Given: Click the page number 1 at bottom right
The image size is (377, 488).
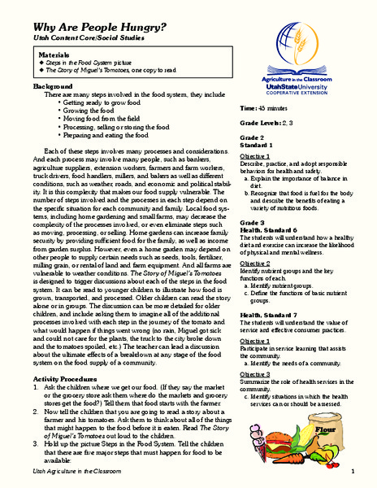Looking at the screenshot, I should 353,472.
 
